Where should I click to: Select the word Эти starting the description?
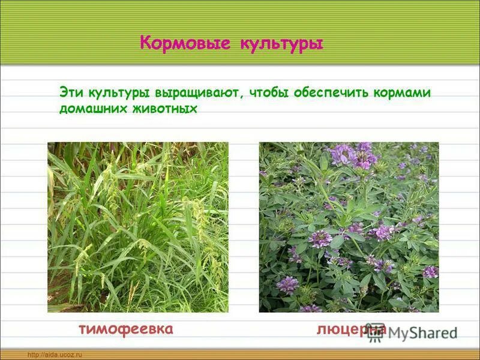(x=72, y=93)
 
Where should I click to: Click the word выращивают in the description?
(x=198, y=94)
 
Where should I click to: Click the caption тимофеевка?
(x=126, y=329)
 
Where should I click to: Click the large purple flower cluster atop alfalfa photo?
(x=354, y=155)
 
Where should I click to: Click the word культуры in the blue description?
(x=120, y=94)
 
